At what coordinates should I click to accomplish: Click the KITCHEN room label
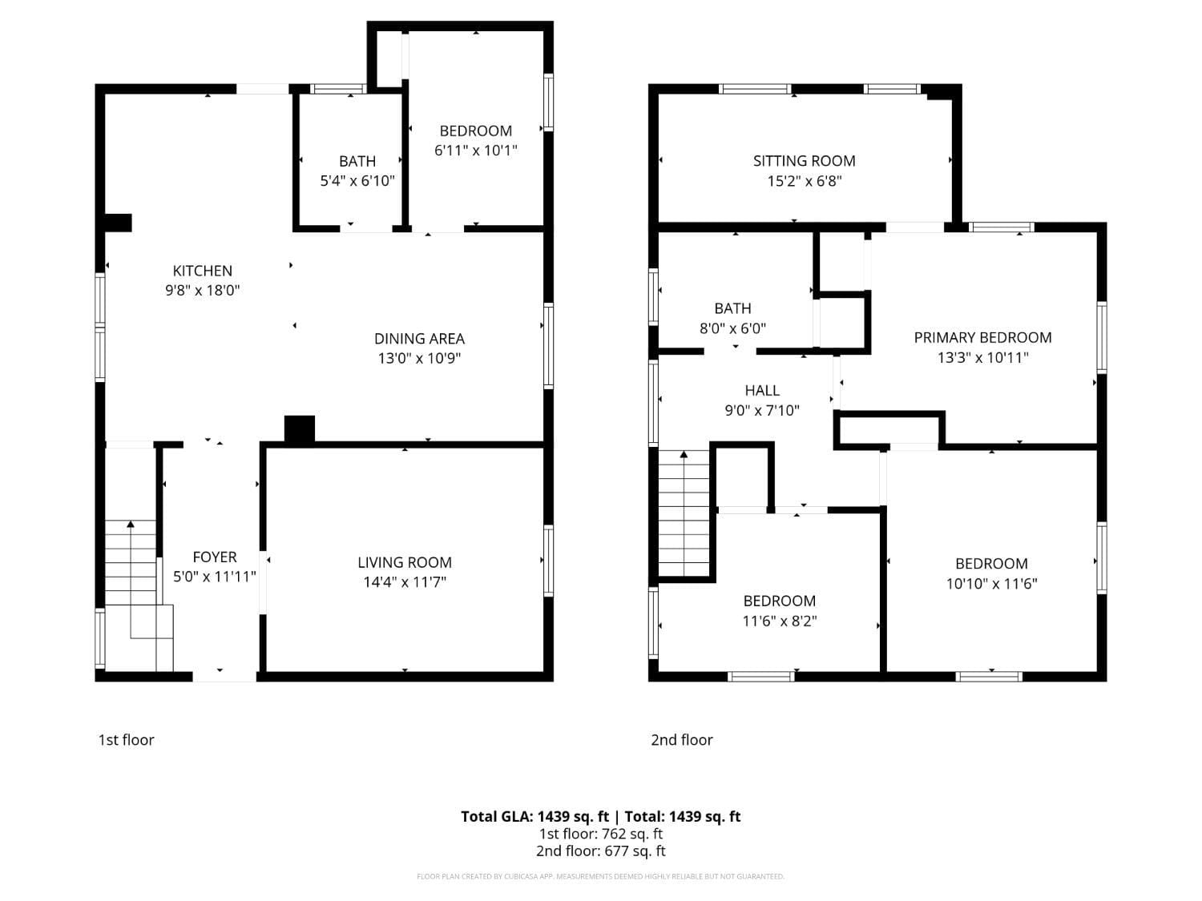(203, 271)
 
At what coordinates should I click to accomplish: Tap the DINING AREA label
(419, 339)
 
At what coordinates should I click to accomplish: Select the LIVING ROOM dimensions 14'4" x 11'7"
(405, 582)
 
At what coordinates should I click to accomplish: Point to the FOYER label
(215, 557)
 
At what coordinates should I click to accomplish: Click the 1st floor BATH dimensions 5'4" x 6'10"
(357, 181)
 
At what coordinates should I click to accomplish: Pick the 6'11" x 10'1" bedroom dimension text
(476, 151)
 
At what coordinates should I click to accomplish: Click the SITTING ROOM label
(804, 161)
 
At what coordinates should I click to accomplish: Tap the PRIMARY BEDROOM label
(982, 338)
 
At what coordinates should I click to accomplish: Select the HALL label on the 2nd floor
(762, 391)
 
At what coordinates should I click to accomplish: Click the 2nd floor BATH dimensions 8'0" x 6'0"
(732, 328)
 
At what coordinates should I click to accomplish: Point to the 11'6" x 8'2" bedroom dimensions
(780, 621)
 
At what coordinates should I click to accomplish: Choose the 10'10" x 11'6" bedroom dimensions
(991, 584)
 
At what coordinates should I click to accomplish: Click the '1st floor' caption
(126, 740)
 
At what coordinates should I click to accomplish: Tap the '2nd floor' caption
(681, 740)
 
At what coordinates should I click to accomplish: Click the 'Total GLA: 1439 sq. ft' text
(534, 817)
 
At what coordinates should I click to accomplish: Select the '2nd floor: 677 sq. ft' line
(601, 851)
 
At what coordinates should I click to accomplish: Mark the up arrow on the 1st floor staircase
(131, 525)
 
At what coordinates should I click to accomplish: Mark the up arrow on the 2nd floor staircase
(684, 456)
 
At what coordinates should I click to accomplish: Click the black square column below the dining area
(300, 428)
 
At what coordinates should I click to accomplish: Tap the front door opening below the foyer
(224, 677)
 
